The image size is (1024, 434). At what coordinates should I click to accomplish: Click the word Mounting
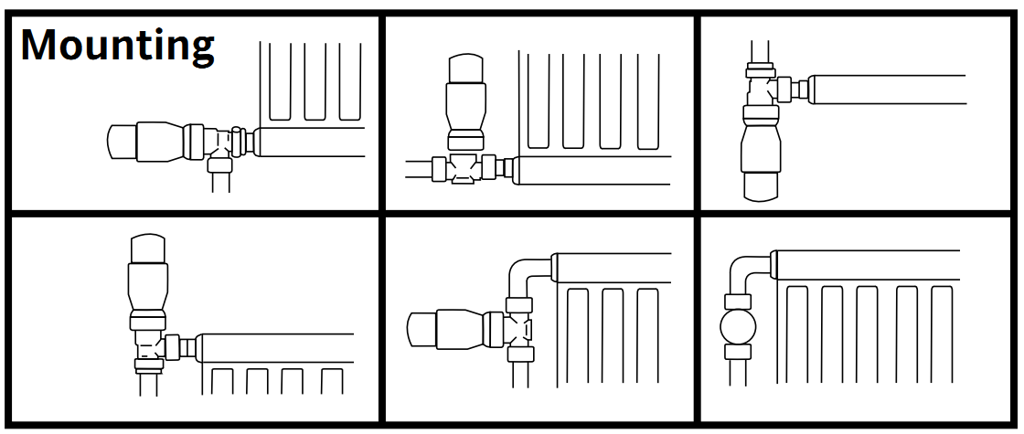(x=117, y=44)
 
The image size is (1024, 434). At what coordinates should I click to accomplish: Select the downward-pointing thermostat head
(x=761, y=160)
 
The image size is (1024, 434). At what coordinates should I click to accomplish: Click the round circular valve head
(x=738, y=326)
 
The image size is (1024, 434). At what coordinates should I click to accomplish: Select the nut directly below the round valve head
(x=738, y=352)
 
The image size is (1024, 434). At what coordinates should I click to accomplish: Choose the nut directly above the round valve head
(x=738, y=301)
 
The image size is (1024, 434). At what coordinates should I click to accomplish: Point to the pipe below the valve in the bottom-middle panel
(x=521, y=388)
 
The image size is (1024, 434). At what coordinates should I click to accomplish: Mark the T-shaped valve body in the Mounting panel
(x=219, y=142)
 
